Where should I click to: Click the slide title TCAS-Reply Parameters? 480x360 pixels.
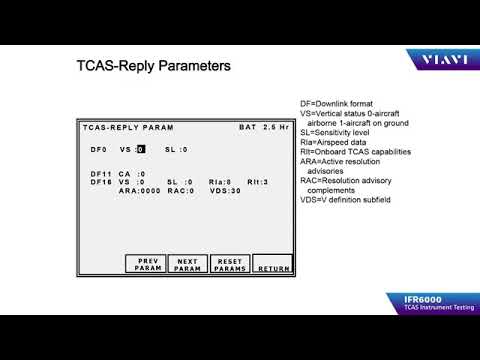[x=154, y=67]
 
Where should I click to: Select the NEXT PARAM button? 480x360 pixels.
[x=188, y=265]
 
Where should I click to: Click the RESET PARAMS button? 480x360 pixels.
[x=229, y=265]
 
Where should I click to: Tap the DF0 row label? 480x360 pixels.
[x=97, y=149]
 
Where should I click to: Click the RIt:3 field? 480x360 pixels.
[x=258, y=182]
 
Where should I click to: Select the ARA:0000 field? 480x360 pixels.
[x=139, y=190]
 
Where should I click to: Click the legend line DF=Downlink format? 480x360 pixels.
[x=345, y=105]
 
